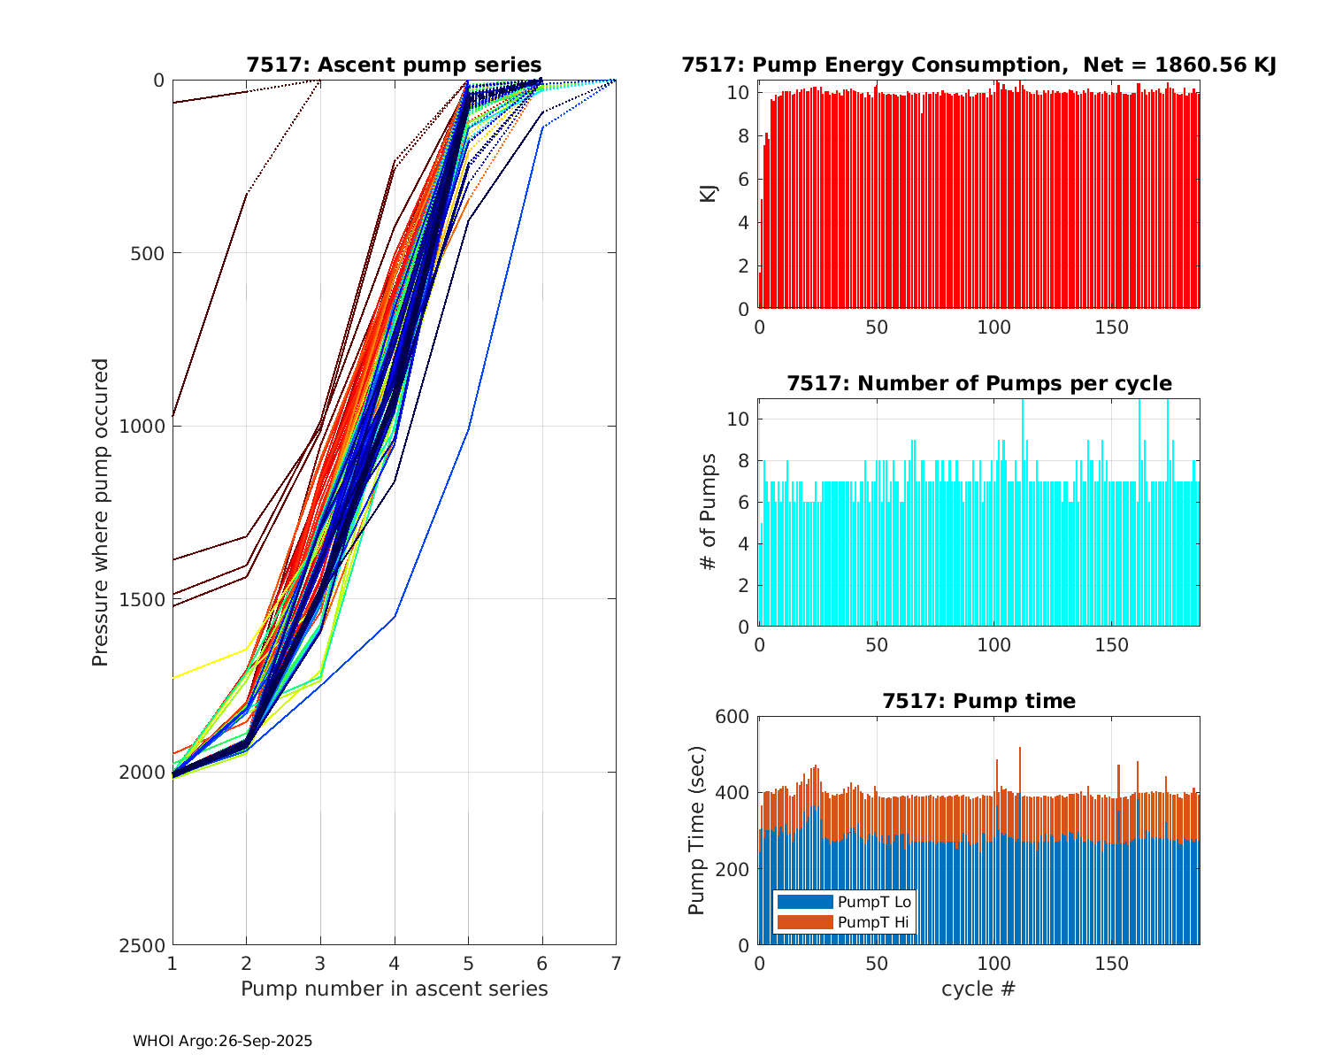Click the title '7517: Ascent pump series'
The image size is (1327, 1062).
[394, 65]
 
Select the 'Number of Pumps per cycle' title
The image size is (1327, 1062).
[978, 383]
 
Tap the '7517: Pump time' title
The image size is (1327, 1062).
[978, 701]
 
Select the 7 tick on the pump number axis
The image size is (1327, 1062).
[616, 963]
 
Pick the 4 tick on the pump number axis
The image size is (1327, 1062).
[395, 963]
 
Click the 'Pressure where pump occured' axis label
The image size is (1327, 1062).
[101, 512]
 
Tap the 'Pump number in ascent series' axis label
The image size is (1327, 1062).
[394, 989]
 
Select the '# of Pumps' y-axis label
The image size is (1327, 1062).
[709, 512]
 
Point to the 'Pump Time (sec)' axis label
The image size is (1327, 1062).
[697, 831]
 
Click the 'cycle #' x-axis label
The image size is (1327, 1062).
[978, 989]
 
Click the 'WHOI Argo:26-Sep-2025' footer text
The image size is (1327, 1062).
[222, 1042]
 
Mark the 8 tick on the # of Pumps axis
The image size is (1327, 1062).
[744, 460]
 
